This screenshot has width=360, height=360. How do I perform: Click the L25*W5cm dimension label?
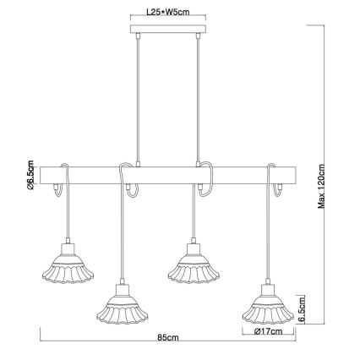pyautogui.click(x=167, y=14)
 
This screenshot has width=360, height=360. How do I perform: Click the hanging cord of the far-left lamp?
pyautogui.click(x=68, y=215)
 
